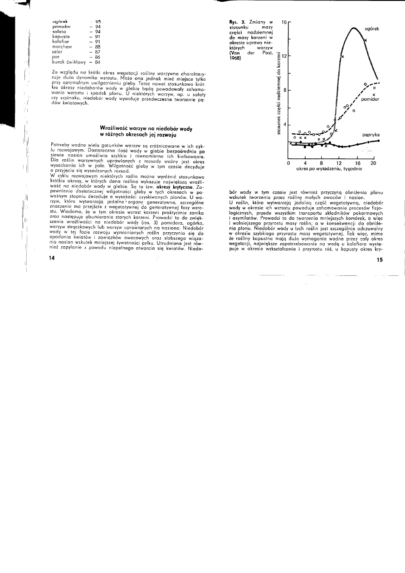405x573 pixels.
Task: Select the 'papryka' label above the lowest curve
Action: pos(371,135)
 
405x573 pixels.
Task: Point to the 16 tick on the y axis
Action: pos(284,21)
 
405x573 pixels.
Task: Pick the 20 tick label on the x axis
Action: pos(373,163)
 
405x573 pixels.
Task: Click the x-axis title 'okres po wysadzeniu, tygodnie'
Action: pos(329,169)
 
